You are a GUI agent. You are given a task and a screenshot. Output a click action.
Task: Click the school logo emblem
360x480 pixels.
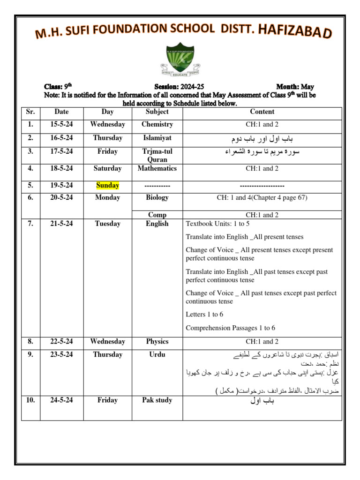(x=182, y=60)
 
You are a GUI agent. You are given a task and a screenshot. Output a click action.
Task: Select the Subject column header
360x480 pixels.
(x=157, y=112)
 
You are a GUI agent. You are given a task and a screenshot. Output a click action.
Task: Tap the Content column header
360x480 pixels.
(x=262, y=112)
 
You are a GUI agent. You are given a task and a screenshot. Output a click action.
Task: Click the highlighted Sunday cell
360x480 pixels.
(x=107, y=186)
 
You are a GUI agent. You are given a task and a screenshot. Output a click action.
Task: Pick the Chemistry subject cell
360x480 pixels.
(x=157, y=125)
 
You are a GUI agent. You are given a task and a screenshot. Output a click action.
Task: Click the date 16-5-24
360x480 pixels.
(x=61, y=138)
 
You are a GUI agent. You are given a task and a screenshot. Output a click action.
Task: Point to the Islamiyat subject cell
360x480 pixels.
(x=157, y=138)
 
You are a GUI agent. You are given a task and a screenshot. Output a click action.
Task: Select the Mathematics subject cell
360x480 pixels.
(x=157, y=169)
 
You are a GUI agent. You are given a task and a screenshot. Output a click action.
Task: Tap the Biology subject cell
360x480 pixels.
(x=157, y=198)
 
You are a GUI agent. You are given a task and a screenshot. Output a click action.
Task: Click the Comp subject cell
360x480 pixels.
(x=157, y=215)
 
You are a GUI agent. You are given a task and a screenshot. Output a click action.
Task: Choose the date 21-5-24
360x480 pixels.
(x=61, y=224)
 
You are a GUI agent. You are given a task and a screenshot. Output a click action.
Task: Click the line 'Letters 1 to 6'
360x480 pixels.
(x=204, y=315)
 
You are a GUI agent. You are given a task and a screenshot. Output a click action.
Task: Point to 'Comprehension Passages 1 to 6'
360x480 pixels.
(x=230, y=328)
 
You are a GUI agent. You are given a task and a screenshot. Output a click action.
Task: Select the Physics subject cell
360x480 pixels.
(x=157, y=342)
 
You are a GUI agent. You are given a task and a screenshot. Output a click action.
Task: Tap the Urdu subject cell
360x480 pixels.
(x=157, y=355)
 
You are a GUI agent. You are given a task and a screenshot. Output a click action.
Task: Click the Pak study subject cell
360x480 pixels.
(x=157, y=400)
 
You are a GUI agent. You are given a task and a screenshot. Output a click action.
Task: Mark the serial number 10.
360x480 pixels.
(x=30, y=400)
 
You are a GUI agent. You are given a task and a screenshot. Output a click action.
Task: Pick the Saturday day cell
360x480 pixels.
(x=107, y=169)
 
